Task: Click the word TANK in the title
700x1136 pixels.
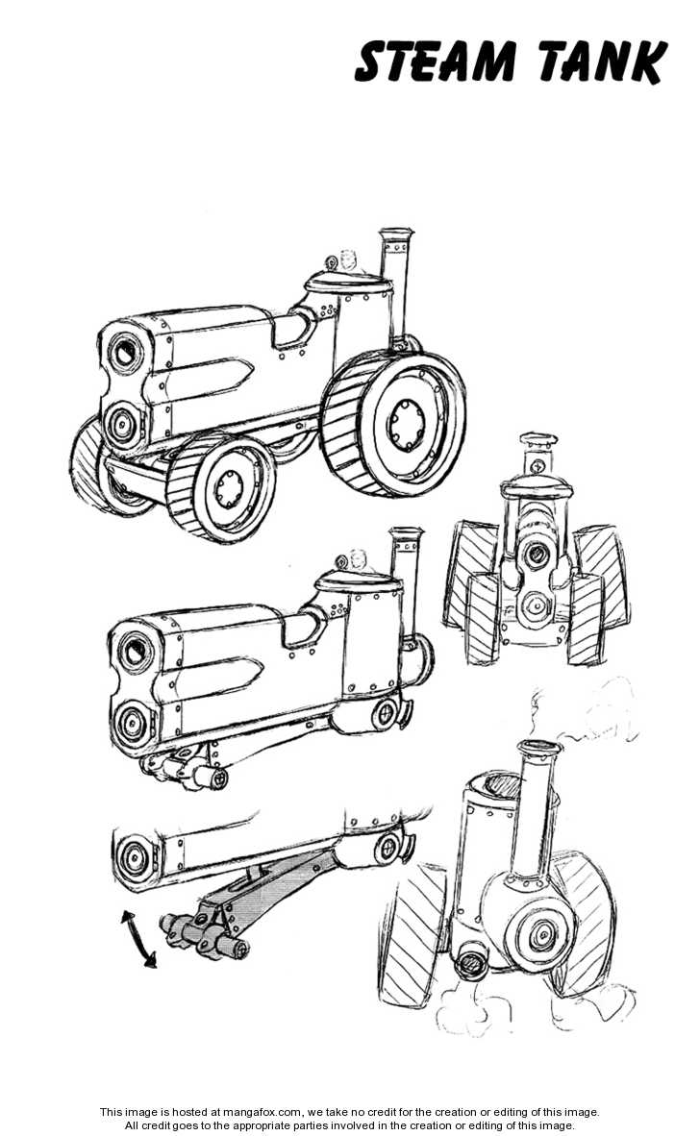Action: click(603, 62)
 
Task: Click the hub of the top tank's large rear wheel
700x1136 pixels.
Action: click(407, 424)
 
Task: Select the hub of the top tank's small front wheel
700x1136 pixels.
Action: click(231, 487)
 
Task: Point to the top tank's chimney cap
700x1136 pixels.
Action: click(396, 235)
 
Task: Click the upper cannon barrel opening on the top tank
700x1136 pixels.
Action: click(126, 354)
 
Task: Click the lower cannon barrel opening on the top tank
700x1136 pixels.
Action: click(122, 422)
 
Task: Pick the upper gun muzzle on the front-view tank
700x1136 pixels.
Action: click(537, 556)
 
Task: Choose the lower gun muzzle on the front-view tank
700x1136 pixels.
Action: click(537, 604)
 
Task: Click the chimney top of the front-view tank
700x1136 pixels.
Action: click(538, 439)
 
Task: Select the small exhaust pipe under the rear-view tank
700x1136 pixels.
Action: click(472, 961)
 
